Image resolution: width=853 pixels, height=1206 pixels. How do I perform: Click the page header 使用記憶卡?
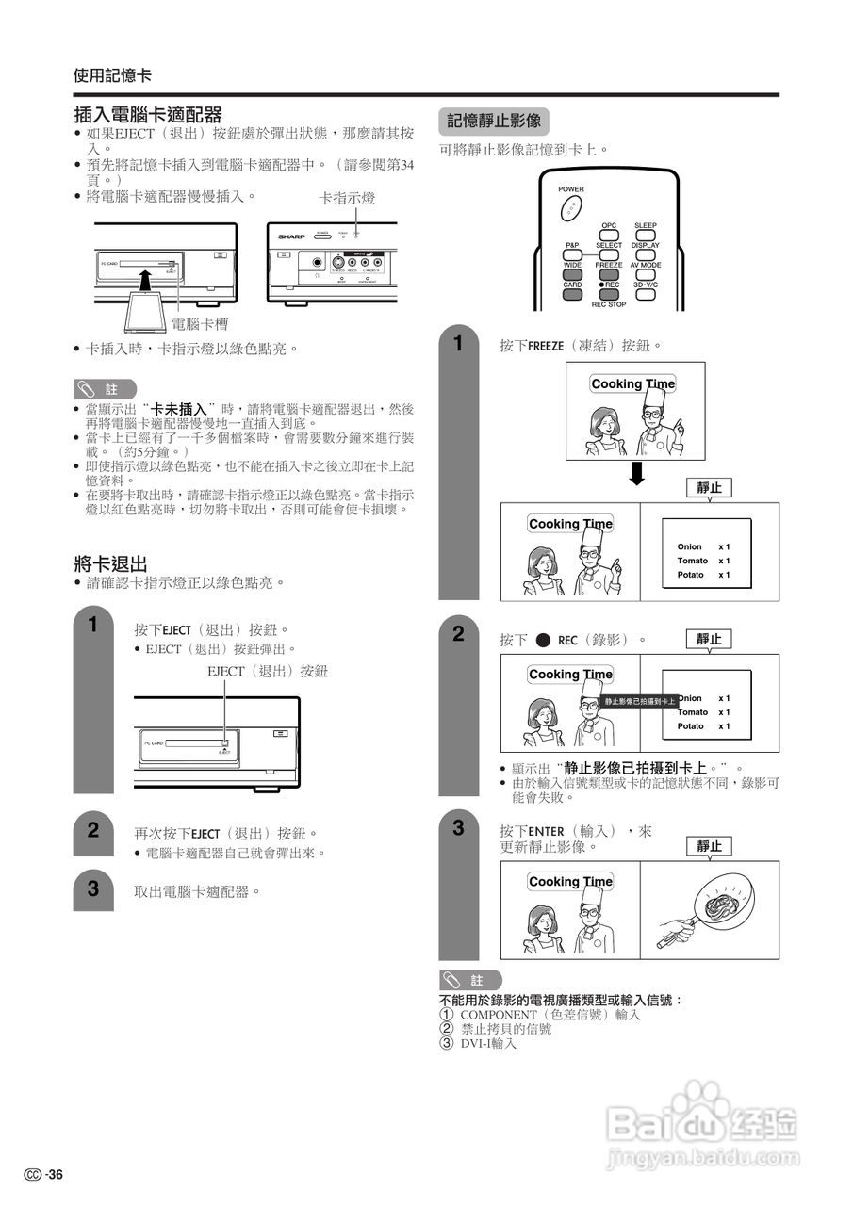pos(112,75)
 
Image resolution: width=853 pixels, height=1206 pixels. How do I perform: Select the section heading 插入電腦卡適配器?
pos(148,115)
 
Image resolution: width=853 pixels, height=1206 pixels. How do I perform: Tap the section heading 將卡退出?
pos(111,564)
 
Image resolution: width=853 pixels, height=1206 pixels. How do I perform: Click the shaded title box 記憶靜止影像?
pos(493,121)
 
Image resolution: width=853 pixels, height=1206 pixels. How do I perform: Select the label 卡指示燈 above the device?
pos(348,199)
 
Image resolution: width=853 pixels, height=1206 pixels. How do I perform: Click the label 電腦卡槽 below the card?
pos(199,323)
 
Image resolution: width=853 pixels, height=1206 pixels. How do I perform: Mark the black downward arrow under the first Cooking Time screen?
pos(637,473)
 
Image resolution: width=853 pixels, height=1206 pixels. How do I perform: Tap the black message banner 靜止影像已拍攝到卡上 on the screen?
pos(640,701)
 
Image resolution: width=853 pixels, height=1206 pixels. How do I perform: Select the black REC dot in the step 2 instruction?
pos(543,641)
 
